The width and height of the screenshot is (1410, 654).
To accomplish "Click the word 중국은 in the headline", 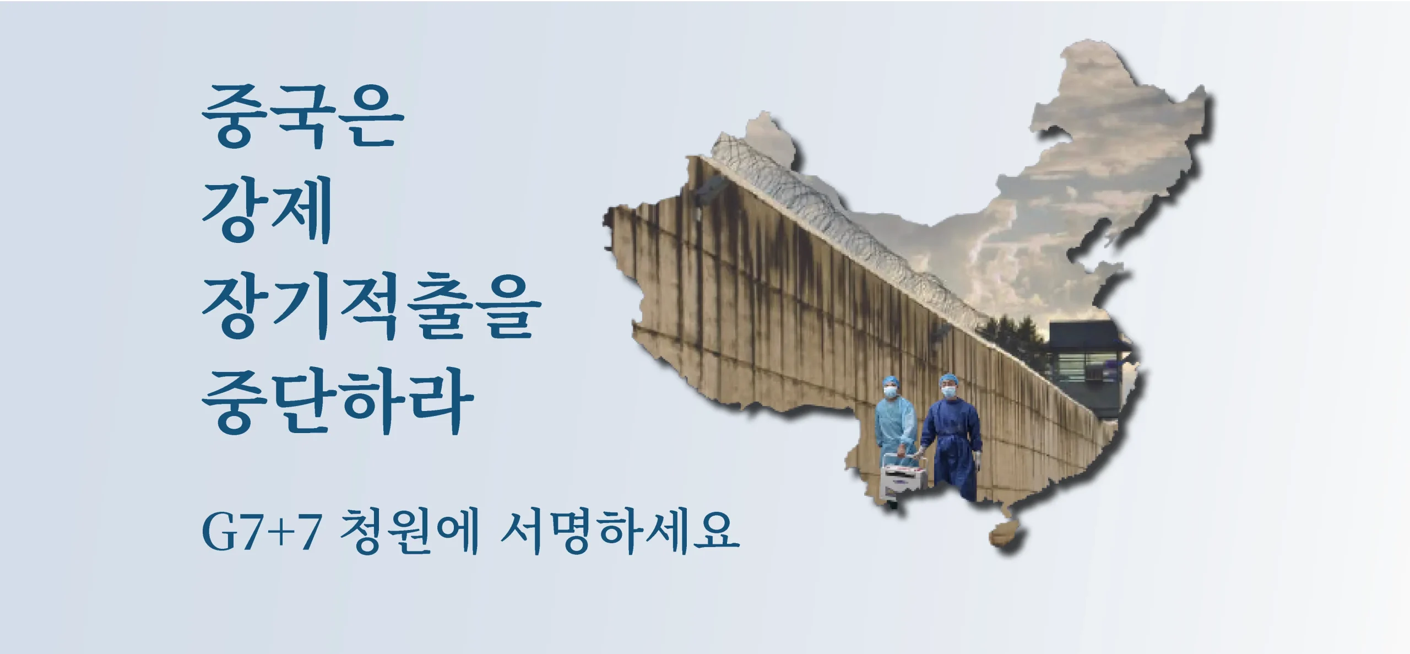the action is coord(303,117).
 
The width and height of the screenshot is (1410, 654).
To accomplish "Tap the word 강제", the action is coord(268,210).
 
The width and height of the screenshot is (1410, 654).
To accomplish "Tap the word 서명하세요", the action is coord(619,532).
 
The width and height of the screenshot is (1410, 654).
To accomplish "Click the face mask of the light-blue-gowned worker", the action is coord(891,392).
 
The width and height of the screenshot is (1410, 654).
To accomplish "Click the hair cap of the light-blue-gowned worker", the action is coord(890,381).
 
